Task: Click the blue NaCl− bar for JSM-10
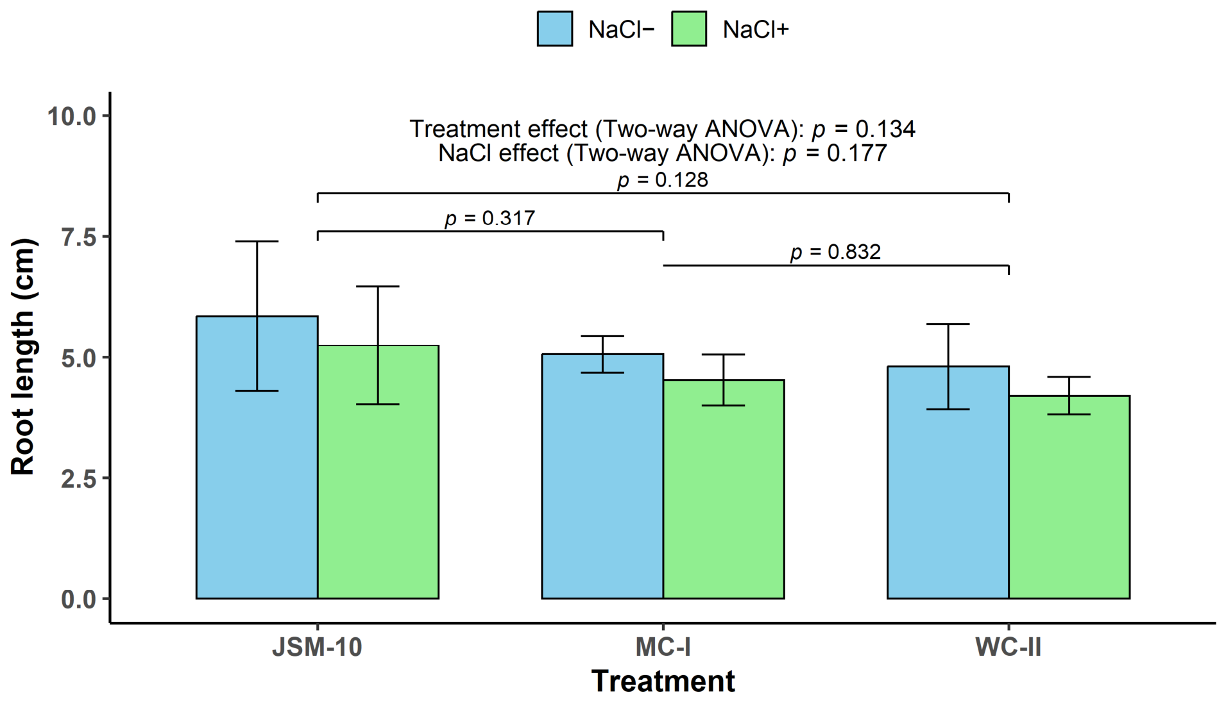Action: pyautogui.click(x=257, y=458)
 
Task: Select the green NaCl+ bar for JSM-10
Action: pyautogui.click(x=378, y=472)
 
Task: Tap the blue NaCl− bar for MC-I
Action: pyautogui.click(x=602, y=476)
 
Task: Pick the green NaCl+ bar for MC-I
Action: pyautogui.click(x=724, y=489)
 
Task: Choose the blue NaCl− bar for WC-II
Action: pyautogui.click(x=948, y=483)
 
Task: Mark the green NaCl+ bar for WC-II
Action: pyautogui.click(x=1069, y=497)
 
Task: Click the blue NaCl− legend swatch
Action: pyautogui.click(x=555, y=29)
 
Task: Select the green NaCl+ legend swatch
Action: pyautogui.click(x=689, y=29)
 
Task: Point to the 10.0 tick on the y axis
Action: pyautogui.click(x=71, y=116)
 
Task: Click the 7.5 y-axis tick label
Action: pyautogui.click(x=78, y=237)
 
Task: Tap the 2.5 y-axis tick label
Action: pyautogui.click(x=78, y=479)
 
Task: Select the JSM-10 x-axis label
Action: pyautogui.click(x=318, y=648)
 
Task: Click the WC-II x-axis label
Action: pyautogui.click(x=1009, y=648)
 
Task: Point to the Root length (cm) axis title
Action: pyautogui.click(x=23, y=356)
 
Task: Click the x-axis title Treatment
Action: pyautogui.click(x=663, y=681)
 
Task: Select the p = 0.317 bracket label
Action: pyautogui.click(x=490, y=219)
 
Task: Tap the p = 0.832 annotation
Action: pyautogui.click(x=836, y=253)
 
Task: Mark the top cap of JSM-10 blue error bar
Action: pyautogui.click(x=257, y=242)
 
